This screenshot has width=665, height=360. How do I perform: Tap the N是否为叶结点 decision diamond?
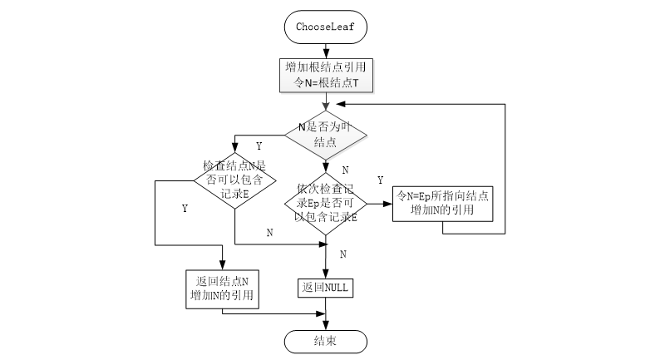[325, 136]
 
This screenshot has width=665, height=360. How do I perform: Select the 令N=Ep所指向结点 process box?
[442, 202]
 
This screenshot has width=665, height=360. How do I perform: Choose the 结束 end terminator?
[325, 341]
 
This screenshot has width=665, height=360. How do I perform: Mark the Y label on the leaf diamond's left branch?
[259, 146]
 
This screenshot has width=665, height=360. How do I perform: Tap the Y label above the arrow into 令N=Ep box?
[380, 180]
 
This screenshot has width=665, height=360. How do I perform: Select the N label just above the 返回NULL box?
[342, 253]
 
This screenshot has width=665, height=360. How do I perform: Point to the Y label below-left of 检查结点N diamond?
[184, 208]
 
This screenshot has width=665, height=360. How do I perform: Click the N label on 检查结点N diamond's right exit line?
[269, 233]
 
